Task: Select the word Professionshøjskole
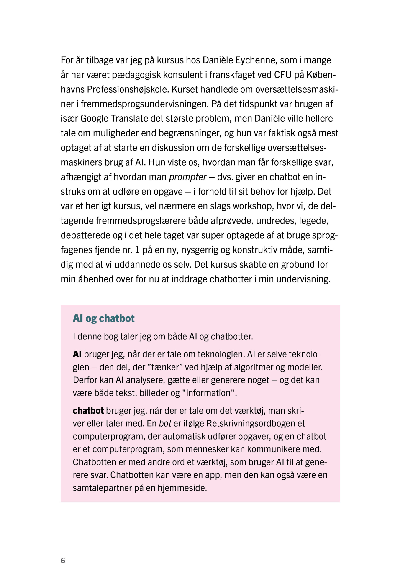click(128, 89)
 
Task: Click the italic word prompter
click(187, 177)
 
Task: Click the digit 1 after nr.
click(137, 250)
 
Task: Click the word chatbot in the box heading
click(116, 318)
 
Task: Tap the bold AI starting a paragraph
click(77, 354)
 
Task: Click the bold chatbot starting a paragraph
click(88, 411)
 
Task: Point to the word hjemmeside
click(182, 488)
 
